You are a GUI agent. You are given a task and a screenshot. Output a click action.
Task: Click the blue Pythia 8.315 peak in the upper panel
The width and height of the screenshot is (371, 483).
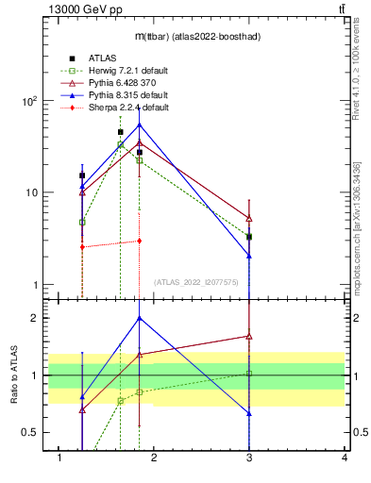tap(139, 125)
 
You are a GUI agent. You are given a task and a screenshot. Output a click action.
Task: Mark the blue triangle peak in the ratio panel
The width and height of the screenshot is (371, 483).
tap(139, 318)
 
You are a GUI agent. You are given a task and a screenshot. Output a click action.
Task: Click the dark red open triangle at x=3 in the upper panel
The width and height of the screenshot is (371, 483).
tap(249, 219)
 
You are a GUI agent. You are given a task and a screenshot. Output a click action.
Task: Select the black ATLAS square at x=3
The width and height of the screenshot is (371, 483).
tap(249, 237)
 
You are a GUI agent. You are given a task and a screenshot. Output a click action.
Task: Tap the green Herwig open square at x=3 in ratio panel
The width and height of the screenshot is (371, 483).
tap(249, 374)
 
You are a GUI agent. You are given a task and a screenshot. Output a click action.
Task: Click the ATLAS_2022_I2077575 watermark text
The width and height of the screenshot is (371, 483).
tap(197, 281)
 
